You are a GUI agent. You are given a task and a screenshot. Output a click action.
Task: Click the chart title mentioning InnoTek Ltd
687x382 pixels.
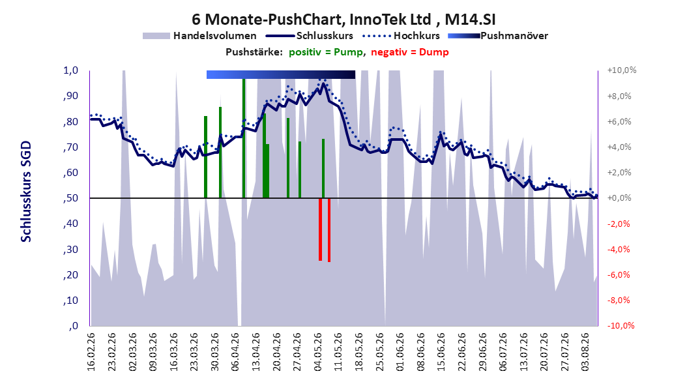pos(343,20)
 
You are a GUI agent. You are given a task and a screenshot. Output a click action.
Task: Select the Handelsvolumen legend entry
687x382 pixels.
pos(199,36)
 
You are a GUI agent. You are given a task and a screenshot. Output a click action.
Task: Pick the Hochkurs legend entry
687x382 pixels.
pos(401,36)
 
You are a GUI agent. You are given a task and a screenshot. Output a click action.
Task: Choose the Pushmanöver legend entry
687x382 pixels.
pos(498,36)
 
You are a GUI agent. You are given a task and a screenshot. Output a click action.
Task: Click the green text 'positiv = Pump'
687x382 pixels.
pos(326,52)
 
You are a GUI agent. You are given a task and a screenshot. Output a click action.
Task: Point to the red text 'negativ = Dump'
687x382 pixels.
pos(410,52)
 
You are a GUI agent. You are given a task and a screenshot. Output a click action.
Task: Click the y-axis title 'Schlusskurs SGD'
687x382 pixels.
pos(26,192)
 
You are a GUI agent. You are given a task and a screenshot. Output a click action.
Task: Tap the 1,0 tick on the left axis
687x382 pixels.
pos(70,70)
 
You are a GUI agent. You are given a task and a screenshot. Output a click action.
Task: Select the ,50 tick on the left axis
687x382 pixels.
pos(70,198)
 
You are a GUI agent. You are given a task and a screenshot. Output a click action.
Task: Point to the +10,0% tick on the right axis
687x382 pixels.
pos(621,70)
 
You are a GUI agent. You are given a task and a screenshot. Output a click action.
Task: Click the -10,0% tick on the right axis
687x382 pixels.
pos(621,325)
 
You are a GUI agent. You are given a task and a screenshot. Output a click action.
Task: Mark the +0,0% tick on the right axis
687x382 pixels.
pos(619,198)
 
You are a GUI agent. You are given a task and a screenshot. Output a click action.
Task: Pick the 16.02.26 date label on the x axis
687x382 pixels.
pos(91,352)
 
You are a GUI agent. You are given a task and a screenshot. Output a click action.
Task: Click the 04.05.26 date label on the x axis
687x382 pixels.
pos(317,352)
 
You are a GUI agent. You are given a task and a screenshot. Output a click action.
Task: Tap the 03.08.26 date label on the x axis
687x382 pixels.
pos(585,352)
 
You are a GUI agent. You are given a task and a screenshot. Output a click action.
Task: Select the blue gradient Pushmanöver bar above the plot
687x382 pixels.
pos(280,74)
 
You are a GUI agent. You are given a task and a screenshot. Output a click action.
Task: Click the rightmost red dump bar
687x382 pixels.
pos(329,230)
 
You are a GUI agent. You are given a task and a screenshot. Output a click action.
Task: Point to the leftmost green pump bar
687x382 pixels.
pos(205,157)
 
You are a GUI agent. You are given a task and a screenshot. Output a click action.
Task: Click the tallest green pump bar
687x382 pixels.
pos(244,138)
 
